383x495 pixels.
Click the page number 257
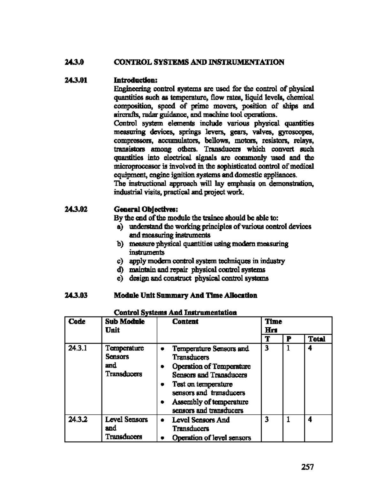(307, 467)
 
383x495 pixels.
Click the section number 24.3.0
(74, 62)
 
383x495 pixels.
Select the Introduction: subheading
(136, 79)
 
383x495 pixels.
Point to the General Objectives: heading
(146, 209)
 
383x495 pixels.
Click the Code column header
(77, 322)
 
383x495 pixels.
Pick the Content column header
(185, 322)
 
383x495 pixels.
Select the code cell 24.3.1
(76, 348)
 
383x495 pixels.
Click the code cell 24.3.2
(76, 420)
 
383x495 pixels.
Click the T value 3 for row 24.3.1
(267, 348)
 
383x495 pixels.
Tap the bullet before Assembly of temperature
(163, 402)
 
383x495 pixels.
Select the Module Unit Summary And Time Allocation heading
(185, 295)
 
